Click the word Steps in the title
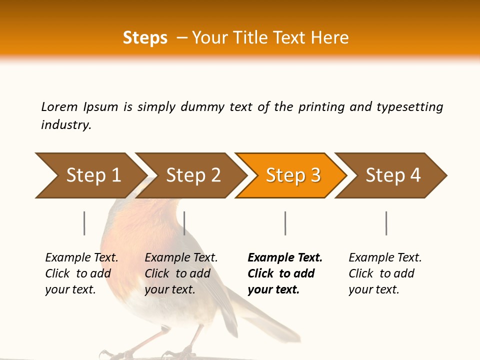click(145, 38)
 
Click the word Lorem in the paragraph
click(59, 106)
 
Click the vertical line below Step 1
click(84, 223)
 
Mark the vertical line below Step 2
click(184, 223)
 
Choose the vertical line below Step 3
click(285, 223)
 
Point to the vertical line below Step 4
click(386, 223)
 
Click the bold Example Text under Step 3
click(285, 258)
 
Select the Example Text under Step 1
click(81, 258)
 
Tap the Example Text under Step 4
click(385, 258)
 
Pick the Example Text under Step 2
click(181, 258)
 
